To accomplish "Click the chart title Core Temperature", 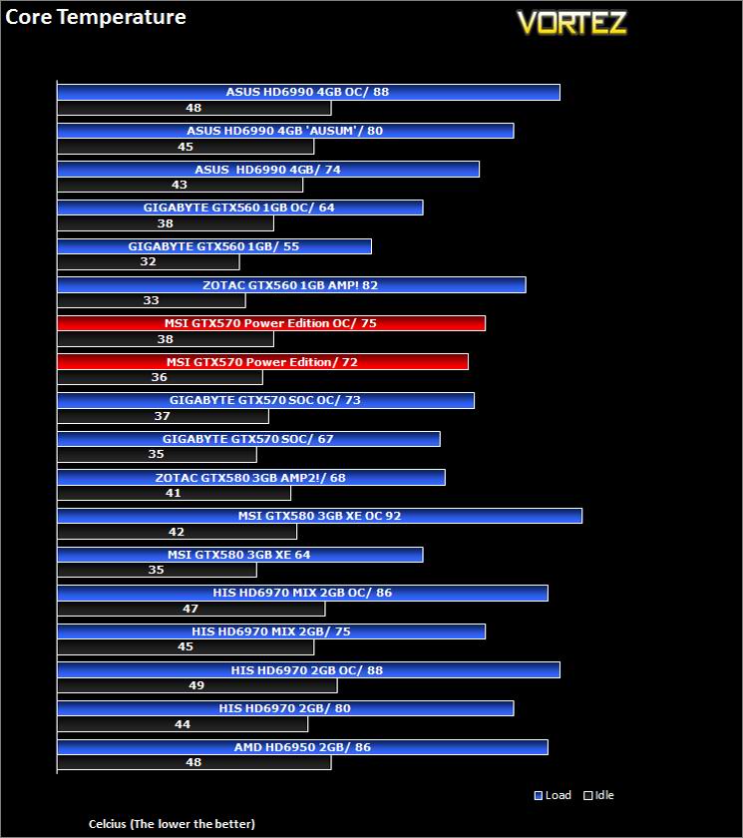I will [x=96, y=17].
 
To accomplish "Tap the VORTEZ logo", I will [x=571, y=23].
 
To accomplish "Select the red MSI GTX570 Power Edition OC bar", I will [x=270, y=323].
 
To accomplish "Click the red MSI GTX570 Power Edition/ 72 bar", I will [x=262, y=362].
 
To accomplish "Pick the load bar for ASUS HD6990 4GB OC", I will [x=308, y=92].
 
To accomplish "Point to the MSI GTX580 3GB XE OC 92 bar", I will [x=319, y=516].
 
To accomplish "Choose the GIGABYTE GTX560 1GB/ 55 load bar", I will [x=213, y=246].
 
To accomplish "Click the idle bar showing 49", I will [x=196, y=685].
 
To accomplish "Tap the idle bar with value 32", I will [x=148, y=261].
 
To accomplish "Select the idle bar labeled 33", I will [x=151, y=300].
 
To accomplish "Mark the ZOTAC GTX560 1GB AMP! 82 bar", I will [x=290, y=285].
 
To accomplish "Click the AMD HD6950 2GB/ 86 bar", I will [x=302, y=747].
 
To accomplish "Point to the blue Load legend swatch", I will [x=539, y=795].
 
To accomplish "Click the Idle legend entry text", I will [x=604, y=795].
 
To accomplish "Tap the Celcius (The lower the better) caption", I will [x=172, y=823].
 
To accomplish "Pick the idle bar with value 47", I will [x=190, y=608].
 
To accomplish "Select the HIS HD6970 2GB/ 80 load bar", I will [x=285, y=708].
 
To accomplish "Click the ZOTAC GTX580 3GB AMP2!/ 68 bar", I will [x=250, y=478].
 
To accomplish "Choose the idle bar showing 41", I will [x=174, y=493].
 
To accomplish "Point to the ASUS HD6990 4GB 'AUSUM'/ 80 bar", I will [x=285, y=131].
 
